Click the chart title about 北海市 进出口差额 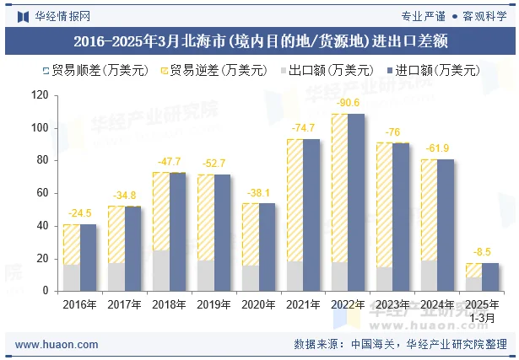259,40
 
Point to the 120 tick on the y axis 40,95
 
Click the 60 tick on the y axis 43,193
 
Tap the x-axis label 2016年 80,304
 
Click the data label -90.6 348,103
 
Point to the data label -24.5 79,213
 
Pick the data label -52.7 214,164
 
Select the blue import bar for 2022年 356,202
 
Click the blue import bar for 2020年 267,247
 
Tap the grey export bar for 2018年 160,271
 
